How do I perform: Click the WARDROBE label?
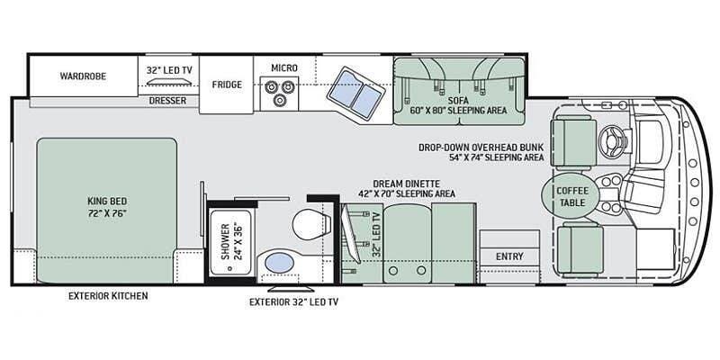tap(83, 76)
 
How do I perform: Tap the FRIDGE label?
tap(227, 85)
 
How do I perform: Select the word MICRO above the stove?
tap(284, 68)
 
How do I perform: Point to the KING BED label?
tap(107, 201)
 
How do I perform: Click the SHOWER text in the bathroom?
tap(225, 241)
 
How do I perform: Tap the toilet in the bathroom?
tap(311, 224)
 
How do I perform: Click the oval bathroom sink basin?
tap(280, 263)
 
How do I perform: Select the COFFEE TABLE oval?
tap(571, 196)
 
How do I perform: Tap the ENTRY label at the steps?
tap(509, 256)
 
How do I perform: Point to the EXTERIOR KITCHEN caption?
tap(108, 296)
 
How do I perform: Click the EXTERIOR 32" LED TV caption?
tap(294, 302)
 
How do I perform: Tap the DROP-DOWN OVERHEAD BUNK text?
tap(481, 148)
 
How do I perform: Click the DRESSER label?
tap(167, 100)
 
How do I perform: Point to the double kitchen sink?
tap(354, 94)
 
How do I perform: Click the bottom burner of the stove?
tap(279, 100)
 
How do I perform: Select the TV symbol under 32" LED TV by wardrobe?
tap(168, 82)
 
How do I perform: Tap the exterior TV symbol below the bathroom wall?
tap(291, 289)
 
